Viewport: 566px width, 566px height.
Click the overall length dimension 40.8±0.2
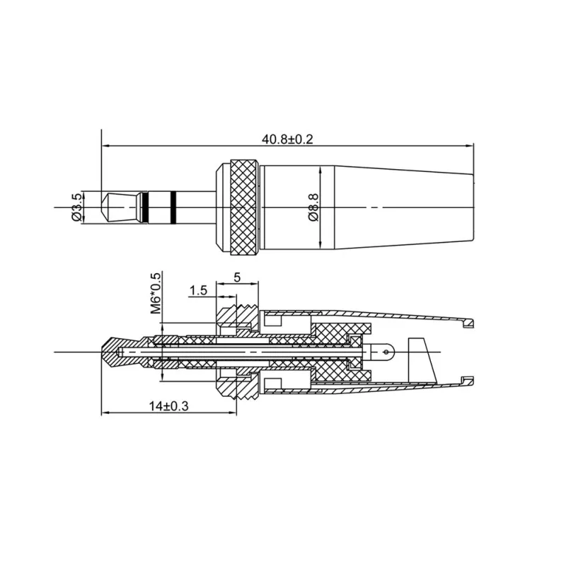tap(287, 139)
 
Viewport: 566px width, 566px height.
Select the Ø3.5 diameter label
tap(77, 207)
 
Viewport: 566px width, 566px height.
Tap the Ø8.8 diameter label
tap(313, 207)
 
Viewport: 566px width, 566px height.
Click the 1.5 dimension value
tap(199, 290)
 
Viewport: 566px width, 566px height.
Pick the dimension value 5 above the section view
tap(237, 278)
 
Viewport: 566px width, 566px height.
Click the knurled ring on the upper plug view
tap(242, 207)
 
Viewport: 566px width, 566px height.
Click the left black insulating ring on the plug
tap(144, 207)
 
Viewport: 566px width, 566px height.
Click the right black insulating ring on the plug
tap(173, 207)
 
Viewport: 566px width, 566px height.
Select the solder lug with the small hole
tap(382, 350)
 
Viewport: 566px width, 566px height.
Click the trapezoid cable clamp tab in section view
tap(423, 361)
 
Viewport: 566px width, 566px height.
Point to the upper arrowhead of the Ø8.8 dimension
tap(321, 171)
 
